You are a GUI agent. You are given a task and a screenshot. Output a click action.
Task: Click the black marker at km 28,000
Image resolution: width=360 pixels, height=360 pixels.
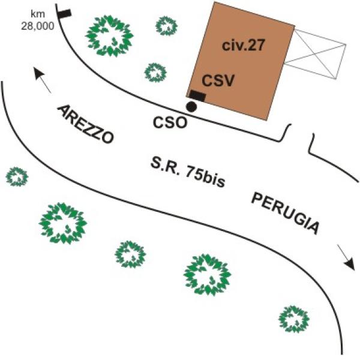(x=64, y=13)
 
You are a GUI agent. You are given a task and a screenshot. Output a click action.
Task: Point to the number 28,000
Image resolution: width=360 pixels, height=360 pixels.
(x=38, y=26)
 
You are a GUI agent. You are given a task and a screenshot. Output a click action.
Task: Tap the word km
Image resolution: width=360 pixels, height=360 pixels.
(x=38, y=14)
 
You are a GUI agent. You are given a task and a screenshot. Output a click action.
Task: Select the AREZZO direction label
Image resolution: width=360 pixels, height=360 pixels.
(x=85, y=124)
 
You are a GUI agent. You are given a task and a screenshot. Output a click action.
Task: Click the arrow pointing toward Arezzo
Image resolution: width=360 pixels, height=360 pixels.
(x=42, y=80)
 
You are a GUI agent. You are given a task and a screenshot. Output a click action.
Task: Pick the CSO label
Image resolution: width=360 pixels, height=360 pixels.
(x=170, y=122)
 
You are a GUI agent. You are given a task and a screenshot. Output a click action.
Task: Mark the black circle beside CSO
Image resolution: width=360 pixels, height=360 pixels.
(x=191, y=106)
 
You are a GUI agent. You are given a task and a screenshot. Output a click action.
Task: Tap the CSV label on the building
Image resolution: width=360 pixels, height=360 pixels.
(x=218, y=80)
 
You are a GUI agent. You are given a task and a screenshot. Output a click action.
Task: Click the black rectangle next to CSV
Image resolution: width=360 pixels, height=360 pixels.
(x=197, y=95)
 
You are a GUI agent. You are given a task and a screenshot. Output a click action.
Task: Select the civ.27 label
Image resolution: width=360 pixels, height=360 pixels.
(x=244, y=45)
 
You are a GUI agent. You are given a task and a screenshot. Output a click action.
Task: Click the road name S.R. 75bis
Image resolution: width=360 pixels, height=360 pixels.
(x=188, y=172)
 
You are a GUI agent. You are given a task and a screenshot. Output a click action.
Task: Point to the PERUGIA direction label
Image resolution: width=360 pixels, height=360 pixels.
(x=285, y=214)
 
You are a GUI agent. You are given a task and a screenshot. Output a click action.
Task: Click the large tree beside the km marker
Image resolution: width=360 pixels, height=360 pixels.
(x=109, y=36)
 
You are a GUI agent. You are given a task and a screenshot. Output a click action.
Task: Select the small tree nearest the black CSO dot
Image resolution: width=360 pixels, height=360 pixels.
(x=155, y=73)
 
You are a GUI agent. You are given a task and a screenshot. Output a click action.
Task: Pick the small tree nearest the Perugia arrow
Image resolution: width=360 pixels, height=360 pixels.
(x=294, y=319)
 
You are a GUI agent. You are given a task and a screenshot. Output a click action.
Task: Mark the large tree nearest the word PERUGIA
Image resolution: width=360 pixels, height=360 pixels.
(x=208, y=275)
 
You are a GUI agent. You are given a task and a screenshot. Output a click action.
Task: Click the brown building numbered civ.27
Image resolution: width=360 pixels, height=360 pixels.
(x=241, y=61)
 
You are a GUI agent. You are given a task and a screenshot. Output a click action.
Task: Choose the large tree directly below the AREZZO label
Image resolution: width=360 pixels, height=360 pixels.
(x=63, y=223)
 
